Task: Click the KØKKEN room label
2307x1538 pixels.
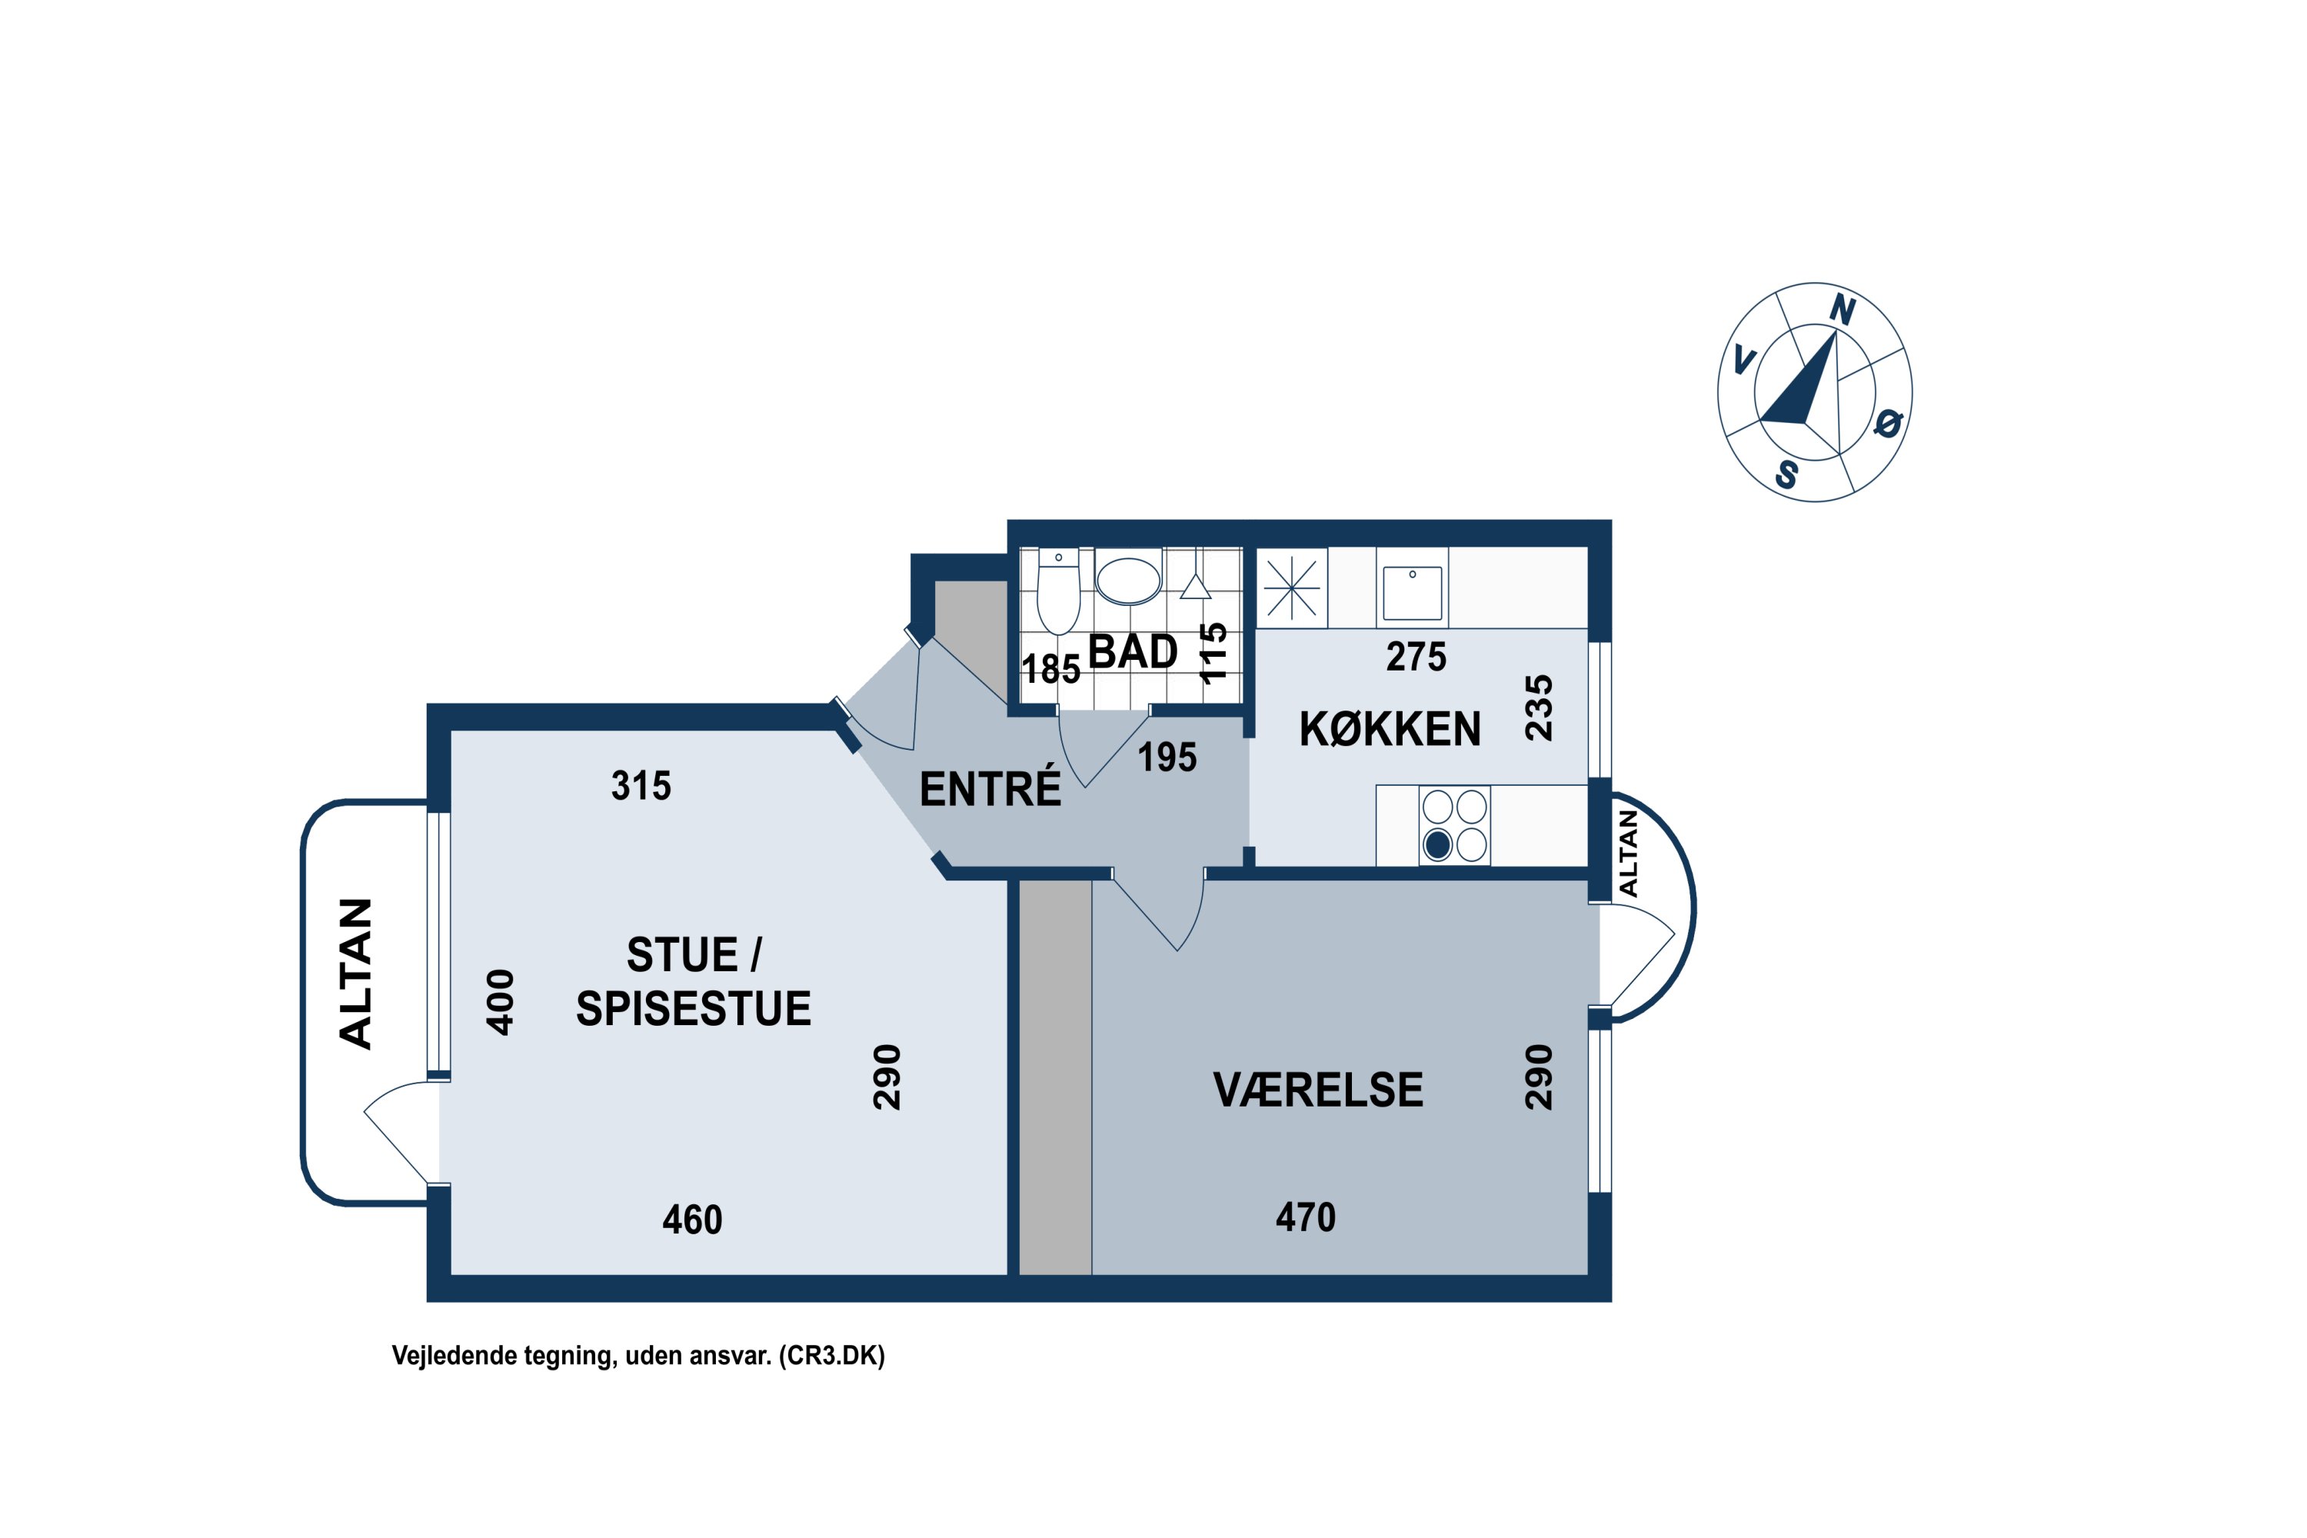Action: pos(1390,729)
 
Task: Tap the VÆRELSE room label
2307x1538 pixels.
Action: pos(1317,1090)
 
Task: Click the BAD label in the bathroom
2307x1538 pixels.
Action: pos(1133,652)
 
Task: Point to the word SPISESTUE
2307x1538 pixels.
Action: pos(694,1008)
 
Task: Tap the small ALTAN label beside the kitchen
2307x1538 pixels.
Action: pos(1628,852)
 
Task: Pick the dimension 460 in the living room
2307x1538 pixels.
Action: pos(693,1219)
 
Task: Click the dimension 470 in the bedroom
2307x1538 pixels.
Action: pos(1306,1217)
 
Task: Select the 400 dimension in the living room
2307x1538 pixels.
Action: pos(501,1001)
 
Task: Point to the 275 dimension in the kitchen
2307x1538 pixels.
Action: pos(1416,656)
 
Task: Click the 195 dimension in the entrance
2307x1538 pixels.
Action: pos(1167,757)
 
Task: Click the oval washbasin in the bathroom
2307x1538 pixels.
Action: pos(1128,580)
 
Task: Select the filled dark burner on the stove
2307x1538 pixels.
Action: pos(1437,844)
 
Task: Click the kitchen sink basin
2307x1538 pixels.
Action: pos(1413,591)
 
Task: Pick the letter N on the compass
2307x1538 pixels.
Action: pos(1842,310)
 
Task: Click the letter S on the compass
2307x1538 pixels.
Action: pos(1786,474)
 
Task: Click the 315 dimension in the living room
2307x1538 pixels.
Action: pos(641,786)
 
